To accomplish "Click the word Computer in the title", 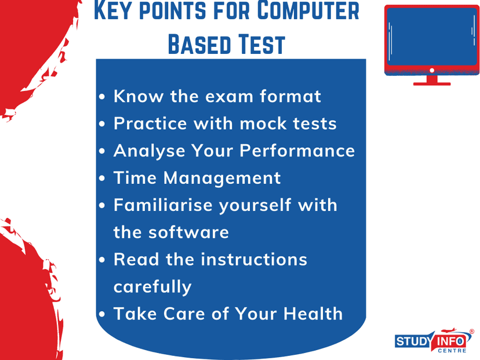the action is (308, 10).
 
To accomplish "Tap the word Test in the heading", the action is (261, 45).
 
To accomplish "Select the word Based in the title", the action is (199, 45).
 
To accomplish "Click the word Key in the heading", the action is (114, 10).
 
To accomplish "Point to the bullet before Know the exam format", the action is (102, 97).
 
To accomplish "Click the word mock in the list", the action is (263, 123).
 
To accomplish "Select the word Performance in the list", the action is (297, 151).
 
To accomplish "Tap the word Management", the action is (222, 178).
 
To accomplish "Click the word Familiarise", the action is (163, 205).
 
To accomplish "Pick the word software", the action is (188, 232).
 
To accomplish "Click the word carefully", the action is (152, 287).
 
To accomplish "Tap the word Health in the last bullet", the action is (313, 314).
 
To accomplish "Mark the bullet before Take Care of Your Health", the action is (102, 314).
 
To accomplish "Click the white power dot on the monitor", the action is (432, 70).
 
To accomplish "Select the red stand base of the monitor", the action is (432, 83).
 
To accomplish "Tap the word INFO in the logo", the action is (450, 341).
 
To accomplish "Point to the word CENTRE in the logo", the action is (452, 351).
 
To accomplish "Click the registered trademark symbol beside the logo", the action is (472, 331).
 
